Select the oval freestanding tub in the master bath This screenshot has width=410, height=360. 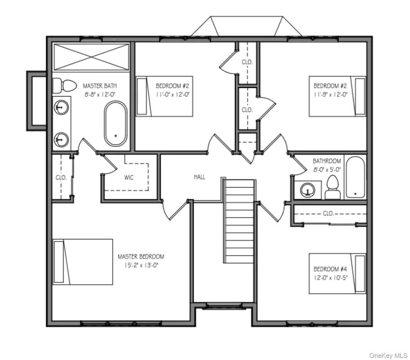[x=115, y=124]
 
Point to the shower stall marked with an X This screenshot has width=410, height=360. [x=91, y=57]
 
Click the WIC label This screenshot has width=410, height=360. [x=129, y=177]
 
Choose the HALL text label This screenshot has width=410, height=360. [x=200, y=177]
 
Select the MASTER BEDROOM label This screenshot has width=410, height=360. [x=141, y=257]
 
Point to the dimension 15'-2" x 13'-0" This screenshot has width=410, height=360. [x=141, y=265]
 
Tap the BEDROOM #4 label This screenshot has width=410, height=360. [x=330, y=269]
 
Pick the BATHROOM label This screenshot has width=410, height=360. [x=327, y=161]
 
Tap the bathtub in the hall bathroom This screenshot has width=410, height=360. [x=356, y=177]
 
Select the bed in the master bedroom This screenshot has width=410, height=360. [x=83, y=261]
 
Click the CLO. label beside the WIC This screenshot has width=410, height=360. [x=61, y=177]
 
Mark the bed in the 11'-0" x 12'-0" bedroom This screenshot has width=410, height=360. [x=164, y=96]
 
